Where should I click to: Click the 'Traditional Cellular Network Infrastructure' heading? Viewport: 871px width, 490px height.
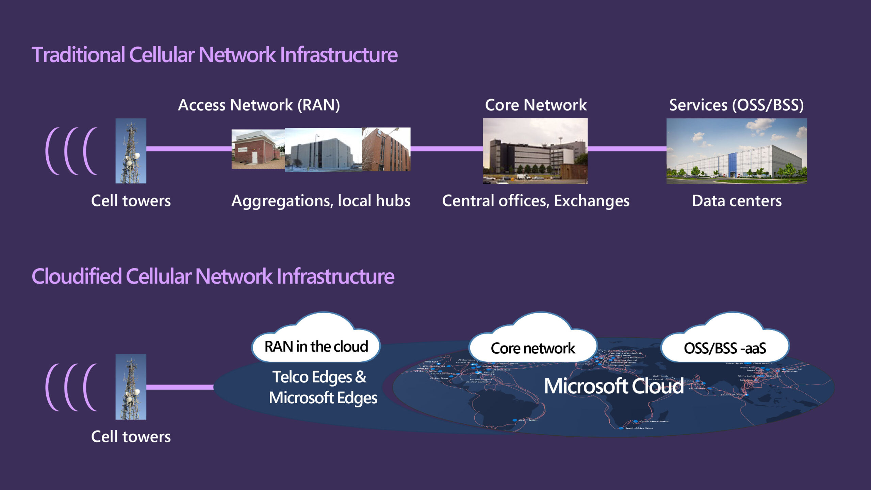(214, 55)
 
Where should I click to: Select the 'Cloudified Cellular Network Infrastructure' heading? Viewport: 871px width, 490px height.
(213, 276)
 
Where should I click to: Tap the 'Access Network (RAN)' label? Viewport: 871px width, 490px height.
(259, 105)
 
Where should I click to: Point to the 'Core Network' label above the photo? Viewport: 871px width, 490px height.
(536, 105)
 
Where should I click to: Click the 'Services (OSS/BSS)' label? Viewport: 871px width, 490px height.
(736, 105)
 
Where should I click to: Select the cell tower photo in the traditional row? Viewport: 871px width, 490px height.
(131, 151)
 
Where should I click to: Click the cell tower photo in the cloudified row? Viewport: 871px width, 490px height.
(131, 387)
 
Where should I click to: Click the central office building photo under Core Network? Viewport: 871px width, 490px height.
(535, 151)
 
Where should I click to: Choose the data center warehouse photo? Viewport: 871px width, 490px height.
(736, 151)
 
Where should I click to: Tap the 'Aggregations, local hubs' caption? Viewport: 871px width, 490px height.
(321, 201)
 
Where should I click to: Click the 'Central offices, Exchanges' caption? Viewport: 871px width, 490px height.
(536, 201)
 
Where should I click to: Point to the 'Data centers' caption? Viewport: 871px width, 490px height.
(737, 201)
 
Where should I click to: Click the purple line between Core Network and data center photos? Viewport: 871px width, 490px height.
(627, 149)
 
